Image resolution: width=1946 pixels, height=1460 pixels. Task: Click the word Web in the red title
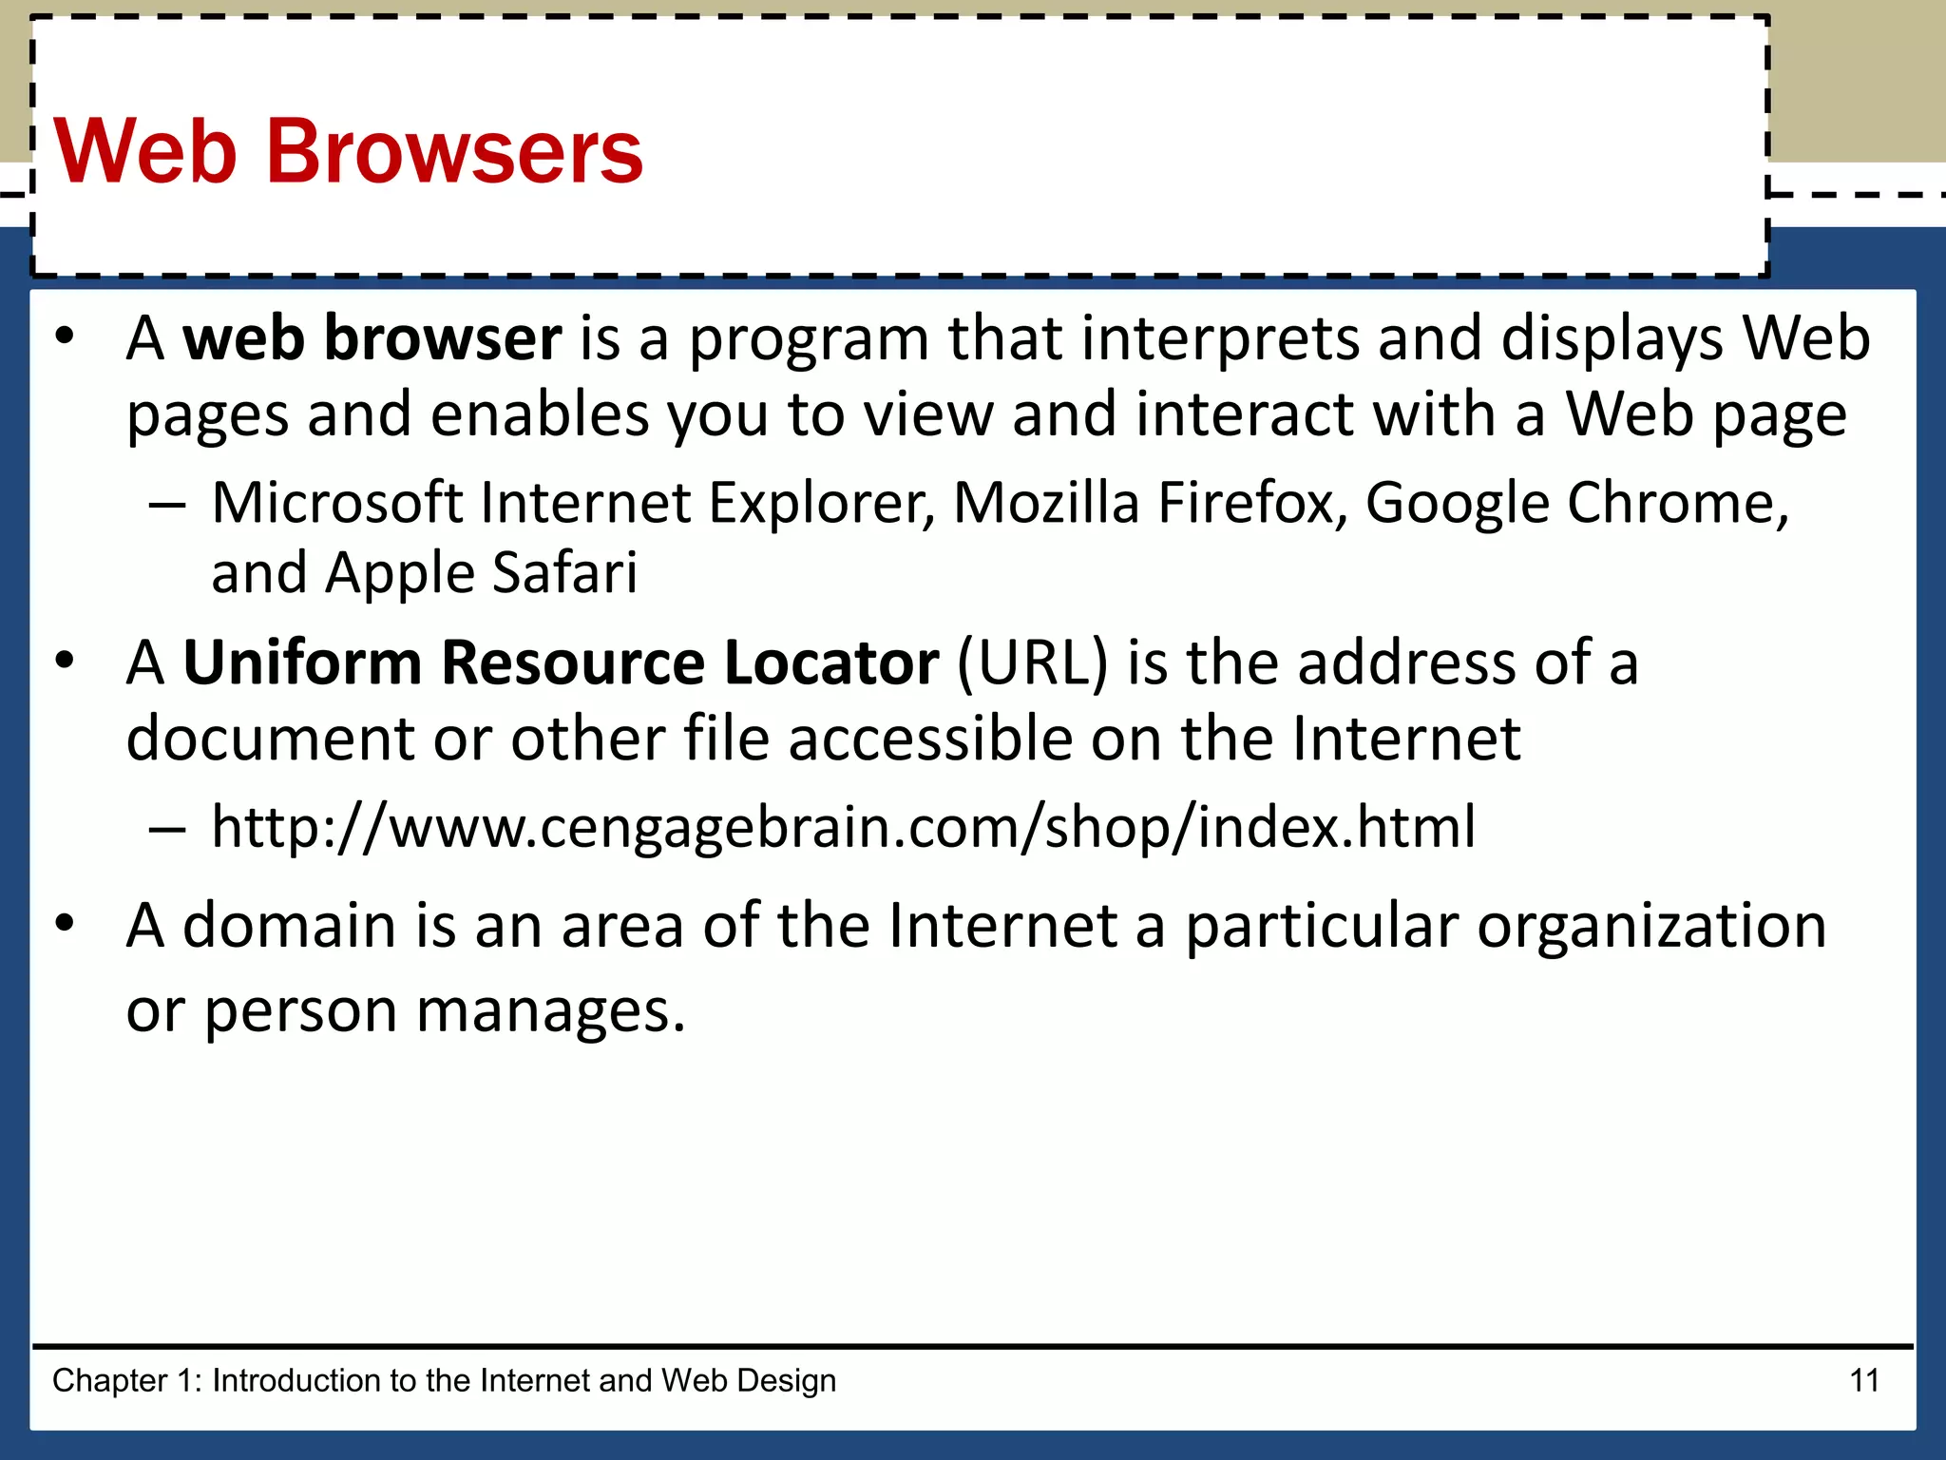point(145,151)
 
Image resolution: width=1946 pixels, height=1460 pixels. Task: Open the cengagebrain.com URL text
point(843,826)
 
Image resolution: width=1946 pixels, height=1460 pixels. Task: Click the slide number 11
point(1864,1380)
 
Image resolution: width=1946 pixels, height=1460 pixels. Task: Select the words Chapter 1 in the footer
point(127,1380)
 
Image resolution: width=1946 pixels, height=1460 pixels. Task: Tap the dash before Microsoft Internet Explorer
point(167,504)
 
